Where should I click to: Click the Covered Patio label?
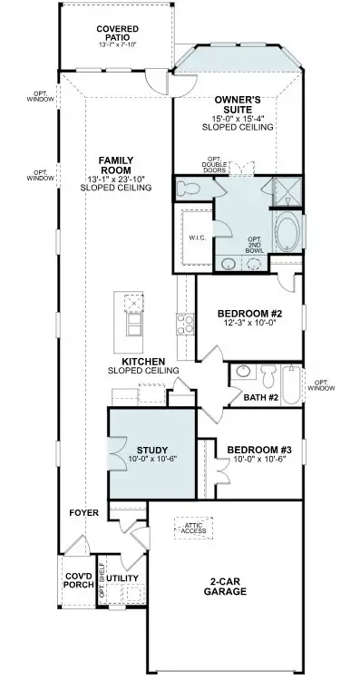point(117,34)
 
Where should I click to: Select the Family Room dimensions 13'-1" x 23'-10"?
point(117,179)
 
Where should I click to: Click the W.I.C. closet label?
point(199,238)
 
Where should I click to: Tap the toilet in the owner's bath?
point(189,189)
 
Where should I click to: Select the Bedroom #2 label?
point(248,314)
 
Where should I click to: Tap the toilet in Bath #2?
point(266,373)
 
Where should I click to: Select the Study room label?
point(151,450)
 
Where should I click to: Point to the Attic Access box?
point(194,528)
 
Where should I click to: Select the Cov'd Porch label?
point(76,581)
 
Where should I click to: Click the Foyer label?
point(83,513)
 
